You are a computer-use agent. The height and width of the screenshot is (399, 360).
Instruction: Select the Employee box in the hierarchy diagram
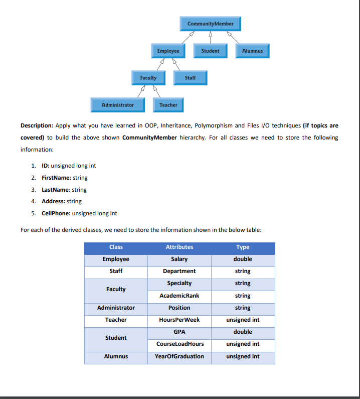click(168, 51)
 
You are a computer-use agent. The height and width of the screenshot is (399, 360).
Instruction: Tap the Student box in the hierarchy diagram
click(210, 51)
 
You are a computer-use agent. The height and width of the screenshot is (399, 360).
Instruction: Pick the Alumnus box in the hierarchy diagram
click(252, 51)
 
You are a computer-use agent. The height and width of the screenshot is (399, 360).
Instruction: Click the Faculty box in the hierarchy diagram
click(148, 78)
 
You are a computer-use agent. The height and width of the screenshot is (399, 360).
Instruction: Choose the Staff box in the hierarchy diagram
click(190, 78)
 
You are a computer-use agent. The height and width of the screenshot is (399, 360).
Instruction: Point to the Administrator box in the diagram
click(117, 105)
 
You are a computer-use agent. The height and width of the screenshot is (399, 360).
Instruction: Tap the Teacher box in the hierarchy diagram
click(168, 105)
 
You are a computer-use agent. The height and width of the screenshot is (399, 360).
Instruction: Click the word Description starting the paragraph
click(37, 125)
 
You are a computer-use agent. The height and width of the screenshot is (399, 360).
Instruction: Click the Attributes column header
click(179, 247)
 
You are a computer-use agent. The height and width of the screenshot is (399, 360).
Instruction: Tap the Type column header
click(243, 247)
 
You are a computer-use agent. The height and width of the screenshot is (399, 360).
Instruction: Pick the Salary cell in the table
click(179, 259)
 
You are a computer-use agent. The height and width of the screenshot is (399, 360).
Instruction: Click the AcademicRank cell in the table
click(179, 296)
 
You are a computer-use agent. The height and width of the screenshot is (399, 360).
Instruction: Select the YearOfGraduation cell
click(179, 356)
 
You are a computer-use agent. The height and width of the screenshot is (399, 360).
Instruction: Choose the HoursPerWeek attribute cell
click(179, 320)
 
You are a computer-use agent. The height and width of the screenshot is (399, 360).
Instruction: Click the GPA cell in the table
click(179, 332)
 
